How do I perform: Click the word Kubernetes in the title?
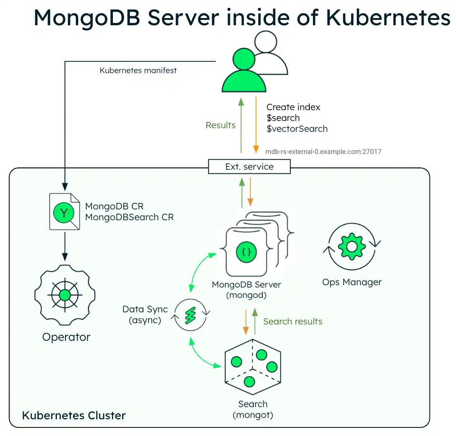[x=388, y=18]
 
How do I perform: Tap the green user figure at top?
[x=244, y=74]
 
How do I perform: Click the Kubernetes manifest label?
[x=138, y=70]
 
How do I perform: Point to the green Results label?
[x=220, y=125]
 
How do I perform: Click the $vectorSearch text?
[x=297, y=129]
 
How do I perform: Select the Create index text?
[x=293, y=107]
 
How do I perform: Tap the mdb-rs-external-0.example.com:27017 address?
[x=323, y=152]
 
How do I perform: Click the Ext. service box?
[x=249, y=167]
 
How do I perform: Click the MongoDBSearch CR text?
[x=129, y=217]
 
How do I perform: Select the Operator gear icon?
[x=65, y=296]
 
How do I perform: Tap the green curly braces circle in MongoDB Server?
[x=246, y=252]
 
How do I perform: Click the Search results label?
[x=293, y=321]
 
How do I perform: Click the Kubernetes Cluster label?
[x=74, y=415]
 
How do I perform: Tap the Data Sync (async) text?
[x=145, y=315]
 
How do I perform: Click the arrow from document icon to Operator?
[x=65, y=246]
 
